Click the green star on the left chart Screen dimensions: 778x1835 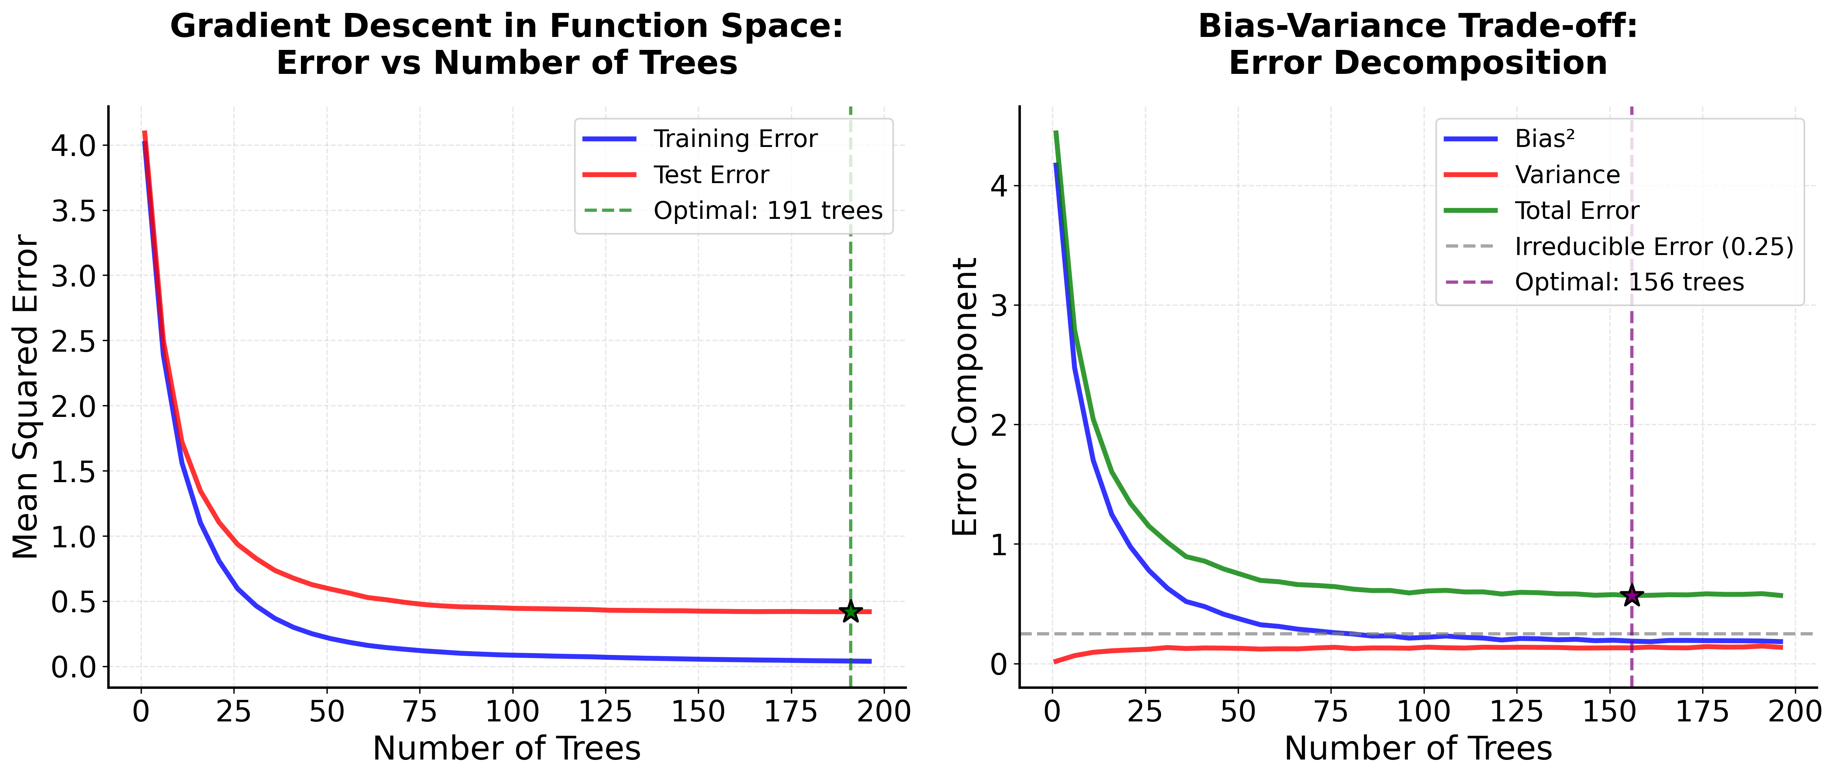850,611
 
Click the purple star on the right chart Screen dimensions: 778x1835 1631,596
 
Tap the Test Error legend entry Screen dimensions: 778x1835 711,174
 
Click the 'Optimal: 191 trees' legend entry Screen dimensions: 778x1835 767,211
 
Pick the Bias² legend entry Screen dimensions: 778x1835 1544,139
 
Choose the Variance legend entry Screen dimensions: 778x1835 1567,174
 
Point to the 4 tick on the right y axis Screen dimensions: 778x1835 999,187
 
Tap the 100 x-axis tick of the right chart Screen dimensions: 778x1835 1423,712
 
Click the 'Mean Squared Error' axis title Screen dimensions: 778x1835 26,397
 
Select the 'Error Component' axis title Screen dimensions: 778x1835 966,397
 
